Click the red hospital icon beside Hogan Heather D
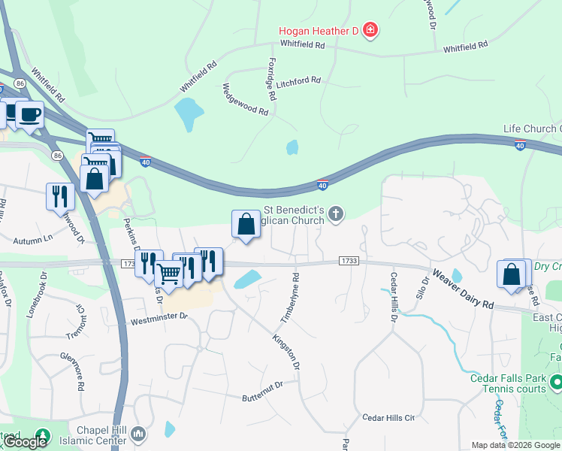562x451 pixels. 370,31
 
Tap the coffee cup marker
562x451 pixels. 29,115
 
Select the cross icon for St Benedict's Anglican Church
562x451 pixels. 336,216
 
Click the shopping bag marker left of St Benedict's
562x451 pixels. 246,223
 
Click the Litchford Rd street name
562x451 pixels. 298,80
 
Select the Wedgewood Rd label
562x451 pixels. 245,99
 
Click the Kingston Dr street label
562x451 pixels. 286,352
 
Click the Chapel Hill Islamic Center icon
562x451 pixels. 138,434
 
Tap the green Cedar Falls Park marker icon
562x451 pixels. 555,383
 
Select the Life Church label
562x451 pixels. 530,129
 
